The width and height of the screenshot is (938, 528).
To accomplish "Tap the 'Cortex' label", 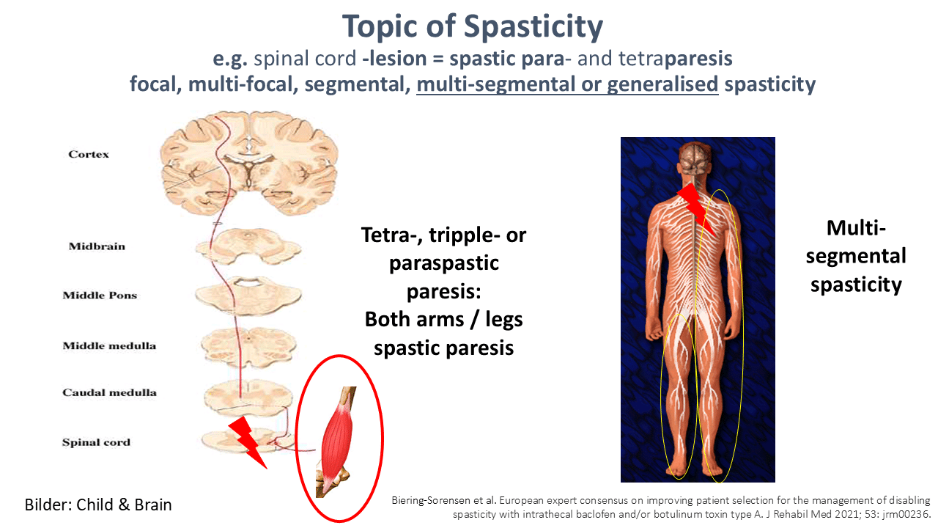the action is [89, 154].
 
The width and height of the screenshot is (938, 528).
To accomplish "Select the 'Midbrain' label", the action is [97, 246].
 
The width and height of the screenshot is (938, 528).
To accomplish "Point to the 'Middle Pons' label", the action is [100, 295].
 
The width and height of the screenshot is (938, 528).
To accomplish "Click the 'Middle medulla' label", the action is [109, 345].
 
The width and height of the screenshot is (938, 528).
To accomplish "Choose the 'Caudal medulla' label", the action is [109, 392].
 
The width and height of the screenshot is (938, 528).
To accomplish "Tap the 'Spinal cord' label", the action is [96, 442].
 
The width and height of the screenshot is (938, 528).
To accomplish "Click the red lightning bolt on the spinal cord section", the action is [247, 442].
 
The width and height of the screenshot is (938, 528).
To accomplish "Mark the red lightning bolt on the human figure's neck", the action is [696, 208].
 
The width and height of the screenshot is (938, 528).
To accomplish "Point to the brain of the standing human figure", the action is [695, 161].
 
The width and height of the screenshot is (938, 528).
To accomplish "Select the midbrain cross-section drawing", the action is [248, 247].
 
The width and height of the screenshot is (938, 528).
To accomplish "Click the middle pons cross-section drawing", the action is [248, 295].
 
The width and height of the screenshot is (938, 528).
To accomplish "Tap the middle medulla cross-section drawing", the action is [248, 347].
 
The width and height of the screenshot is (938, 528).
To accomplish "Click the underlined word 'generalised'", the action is [662, 84].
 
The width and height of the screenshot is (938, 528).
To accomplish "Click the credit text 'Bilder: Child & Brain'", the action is [98, 505].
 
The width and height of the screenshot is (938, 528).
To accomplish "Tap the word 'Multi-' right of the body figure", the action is [856, 228].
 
